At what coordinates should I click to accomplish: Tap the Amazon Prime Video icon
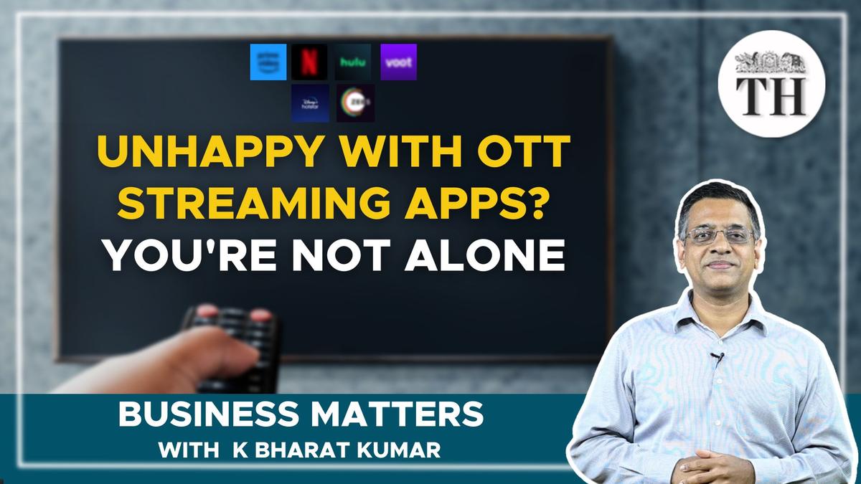coord(268,62)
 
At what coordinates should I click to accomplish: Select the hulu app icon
coord(353,62)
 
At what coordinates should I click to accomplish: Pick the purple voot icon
coord(398,62)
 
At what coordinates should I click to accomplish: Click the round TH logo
coord(771,85)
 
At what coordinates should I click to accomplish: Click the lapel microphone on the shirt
coord(715,356)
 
